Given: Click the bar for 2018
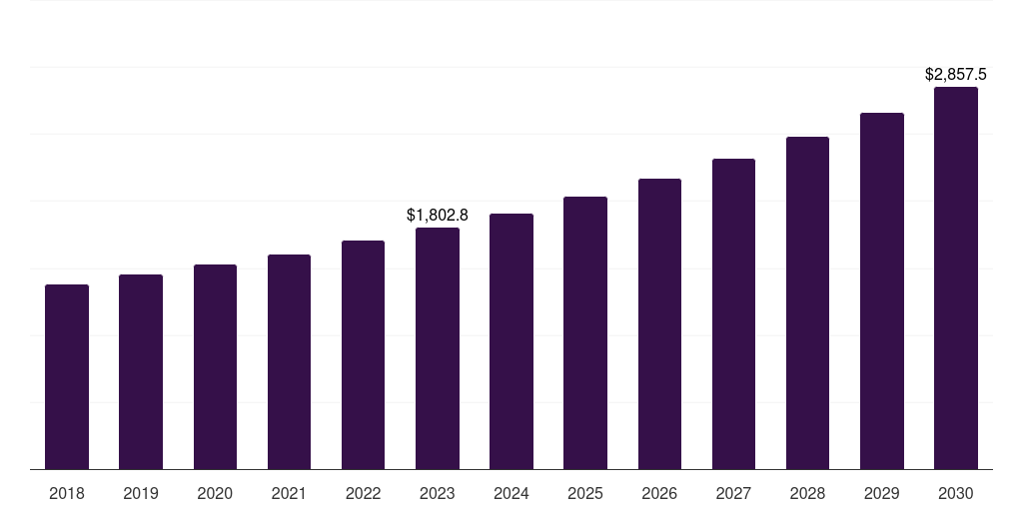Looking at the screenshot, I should pyautogui.click(x=67, y=377).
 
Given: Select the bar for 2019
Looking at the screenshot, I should pyautogui.click(x=141, y=372).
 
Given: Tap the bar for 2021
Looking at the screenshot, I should pyautogui.click(x=289, y=362).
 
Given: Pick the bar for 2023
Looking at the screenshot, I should pyautogui.click(x=438, y=348).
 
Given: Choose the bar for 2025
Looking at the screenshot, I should pyautogui.click(x=585, y=333).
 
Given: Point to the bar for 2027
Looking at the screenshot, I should pyautogui.click(x=733, y=314).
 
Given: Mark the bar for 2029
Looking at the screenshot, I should pyautogui.click(x=882, y=291).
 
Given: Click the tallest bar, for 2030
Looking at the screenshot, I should pyautogui.click(x=956, y=278).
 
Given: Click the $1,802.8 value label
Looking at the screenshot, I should pyautogui.click(x=438, y=215).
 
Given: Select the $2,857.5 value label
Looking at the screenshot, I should pyautogui.click(x=956, y=74).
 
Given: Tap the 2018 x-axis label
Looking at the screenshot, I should pyautogui.click(x=67, y=493).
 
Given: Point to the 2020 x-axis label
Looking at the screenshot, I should pyautogui.click(x=215, y=493).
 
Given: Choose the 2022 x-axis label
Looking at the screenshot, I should pyautogui.click(x=363, y=493).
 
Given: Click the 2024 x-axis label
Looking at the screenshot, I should pyautogui.click(x=511, y=493).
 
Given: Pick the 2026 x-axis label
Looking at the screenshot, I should pyautogui.click(x=659, y=493).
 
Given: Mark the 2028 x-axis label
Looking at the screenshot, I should pyautogui.click(x=807, y=493).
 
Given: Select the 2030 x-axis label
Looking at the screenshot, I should pyautogui.click(x=956, y=493).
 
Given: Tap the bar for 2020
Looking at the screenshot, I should pyautogui.click(x=215, y=367).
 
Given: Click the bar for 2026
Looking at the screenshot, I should pyautogui.click(x=659, y=324).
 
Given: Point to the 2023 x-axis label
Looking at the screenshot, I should pyautogui.click(x=438, y=493).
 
